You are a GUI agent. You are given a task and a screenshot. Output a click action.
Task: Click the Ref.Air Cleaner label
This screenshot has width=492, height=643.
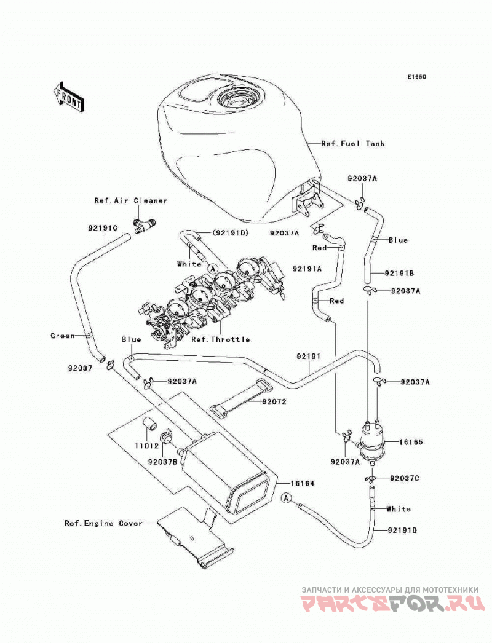(130, 200)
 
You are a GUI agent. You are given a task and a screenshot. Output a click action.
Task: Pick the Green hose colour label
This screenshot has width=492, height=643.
(62, 336)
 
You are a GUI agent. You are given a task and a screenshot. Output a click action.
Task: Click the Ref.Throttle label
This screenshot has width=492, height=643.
(220, 339)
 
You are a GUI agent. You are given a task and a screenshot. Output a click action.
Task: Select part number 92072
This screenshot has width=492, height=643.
(274, 402)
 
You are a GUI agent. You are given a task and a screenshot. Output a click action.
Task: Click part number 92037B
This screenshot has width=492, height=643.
(163, 462)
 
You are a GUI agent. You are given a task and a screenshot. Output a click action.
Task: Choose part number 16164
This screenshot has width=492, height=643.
(303, 484)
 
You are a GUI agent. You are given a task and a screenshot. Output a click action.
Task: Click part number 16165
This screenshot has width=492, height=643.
(411, 443)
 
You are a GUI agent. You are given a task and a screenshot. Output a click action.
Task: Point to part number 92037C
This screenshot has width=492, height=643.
(405, 478)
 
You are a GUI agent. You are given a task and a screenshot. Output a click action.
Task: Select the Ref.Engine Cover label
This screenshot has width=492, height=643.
(103, 523)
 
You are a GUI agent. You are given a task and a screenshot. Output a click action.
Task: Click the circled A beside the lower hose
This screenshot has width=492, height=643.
(287, 498)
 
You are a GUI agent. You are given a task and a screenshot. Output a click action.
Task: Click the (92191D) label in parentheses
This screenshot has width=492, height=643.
(231, 234)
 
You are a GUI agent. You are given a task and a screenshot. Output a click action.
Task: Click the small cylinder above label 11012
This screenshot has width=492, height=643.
(150, 424)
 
